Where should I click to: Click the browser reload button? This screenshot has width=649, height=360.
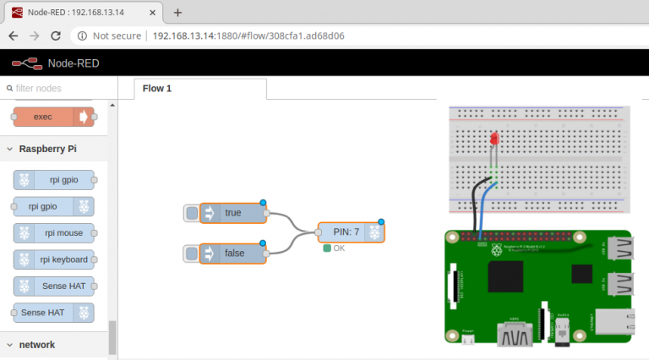(x=55, y=35)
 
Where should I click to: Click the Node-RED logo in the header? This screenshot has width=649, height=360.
(x=26, y=63)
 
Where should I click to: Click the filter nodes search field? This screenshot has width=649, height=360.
(x=55, y=88)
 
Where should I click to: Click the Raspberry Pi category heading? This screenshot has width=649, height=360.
(x=47, y=149)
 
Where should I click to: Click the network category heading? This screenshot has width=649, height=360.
(x=36, y=345)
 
